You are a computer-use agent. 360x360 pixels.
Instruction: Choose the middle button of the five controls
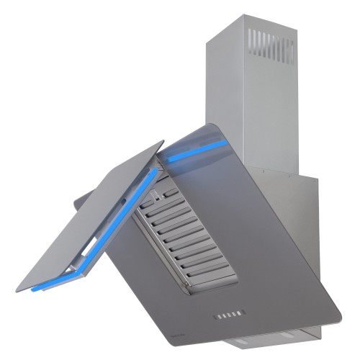(228, 315)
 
